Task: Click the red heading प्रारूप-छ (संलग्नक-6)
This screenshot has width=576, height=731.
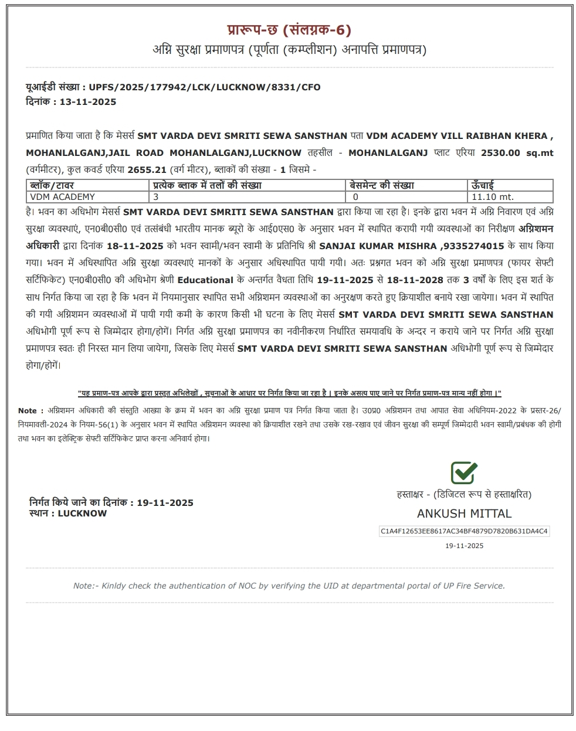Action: pyautogui.click(x=289, y=30)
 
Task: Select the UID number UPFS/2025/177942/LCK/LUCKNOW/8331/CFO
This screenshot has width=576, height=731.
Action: pyautogui.click(x=205, y=87)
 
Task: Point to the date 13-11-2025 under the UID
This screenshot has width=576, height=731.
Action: pyautogui.click(x=88, y=102)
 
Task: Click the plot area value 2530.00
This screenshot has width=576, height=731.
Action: pyautogui.click(x=500, y=153)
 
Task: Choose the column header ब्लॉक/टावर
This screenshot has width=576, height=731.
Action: pyautogui.click(x=52, y=185)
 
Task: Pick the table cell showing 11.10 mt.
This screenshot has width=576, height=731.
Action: pyautogui.click(x=493, y=197)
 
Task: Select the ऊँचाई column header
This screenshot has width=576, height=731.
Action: pyautogui.click(x=483, y=185)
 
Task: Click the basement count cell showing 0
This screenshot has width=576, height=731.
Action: pyautogui.click(x=356, y=197)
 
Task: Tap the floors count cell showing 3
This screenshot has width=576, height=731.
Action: pyautogui.click(x=156, y=197)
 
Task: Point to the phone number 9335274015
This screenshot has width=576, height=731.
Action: pyautogui.click(x=477, y=246)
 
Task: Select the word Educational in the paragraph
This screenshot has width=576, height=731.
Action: pyautogui.click(x=205, y=280)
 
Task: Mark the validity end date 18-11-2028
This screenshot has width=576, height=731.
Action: pyautogui.click(x=415, y=280)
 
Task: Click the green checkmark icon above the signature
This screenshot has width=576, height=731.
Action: pyautogui.click(x=464, y=472)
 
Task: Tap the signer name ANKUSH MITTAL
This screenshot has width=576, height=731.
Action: pyautogui.click(x=464, y=514)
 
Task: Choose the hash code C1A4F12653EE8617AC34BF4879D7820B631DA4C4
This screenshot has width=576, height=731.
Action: pyautogui.click(x=464, y=531)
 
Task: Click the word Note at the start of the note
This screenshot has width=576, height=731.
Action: pyautogui.click(x=28, y=411)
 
